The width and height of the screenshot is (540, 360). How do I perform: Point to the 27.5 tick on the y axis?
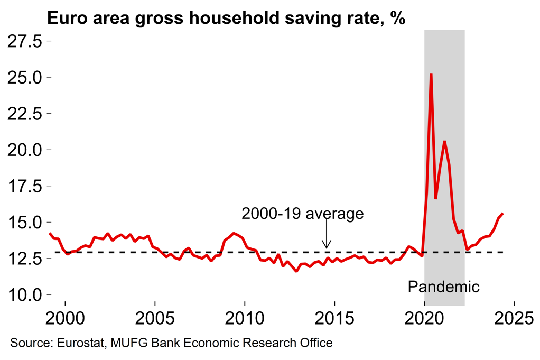[x=26, y=41]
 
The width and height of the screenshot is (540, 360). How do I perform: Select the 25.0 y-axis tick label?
[x=26, y=78]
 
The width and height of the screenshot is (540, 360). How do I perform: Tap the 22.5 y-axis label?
[x=26, y=114]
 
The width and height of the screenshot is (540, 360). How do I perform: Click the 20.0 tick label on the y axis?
[x=26, y=150]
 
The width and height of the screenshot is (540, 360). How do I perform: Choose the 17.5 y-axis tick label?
[x=26, y=186]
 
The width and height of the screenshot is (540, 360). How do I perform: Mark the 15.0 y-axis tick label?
[x=26, y=222]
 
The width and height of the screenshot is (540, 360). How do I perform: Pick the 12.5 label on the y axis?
[x=26, y=259]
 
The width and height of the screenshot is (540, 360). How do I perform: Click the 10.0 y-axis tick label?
[x=26, y=294]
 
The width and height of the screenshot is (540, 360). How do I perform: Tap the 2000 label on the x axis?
[x=65, y=319]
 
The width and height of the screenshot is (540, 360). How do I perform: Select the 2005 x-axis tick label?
[x=155, y=319]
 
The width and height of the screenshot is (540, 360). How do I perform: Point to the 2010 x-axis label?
[x=245, y=319]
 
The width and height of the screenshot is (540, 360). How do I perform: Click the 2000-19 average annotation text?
[x=303, y=214]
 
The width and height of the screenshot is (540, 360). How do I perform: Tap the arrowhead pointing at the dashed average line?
[x=327, y=246]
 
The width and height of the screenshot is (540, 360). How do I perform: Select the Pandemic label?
[x=444, y=287]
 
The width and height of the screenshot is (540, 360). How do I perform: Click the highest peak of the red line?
[x=431, y=75]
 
